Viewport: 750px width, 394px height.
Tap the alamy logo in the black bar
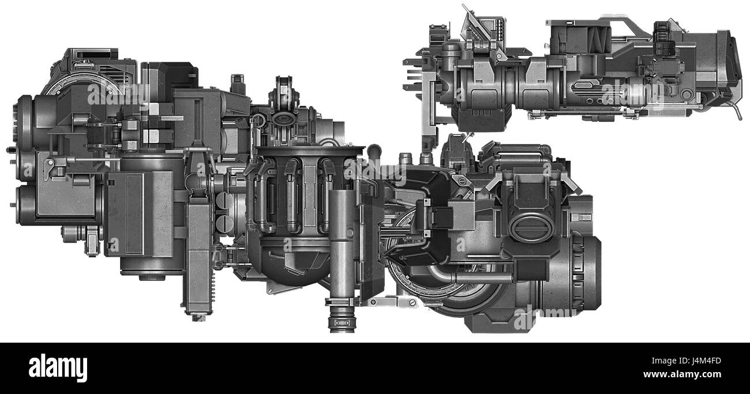58,367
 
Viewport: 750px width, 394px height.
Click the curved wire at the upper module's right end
738,110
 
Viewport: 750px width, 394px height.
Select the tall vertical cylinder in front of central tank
342,242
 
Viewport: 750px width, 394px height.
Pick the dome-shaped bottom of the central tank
291,262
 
